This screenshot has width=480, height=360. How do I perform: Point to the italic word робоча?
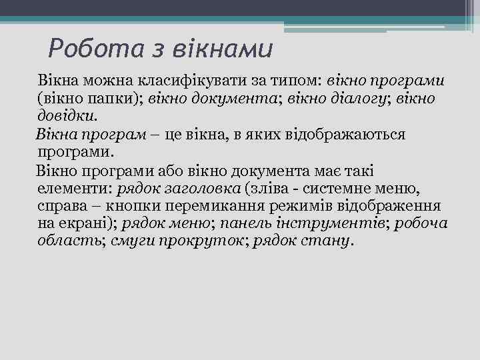(421, 223)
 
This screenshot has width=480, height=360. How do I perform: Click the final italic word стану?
(328, 241)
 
